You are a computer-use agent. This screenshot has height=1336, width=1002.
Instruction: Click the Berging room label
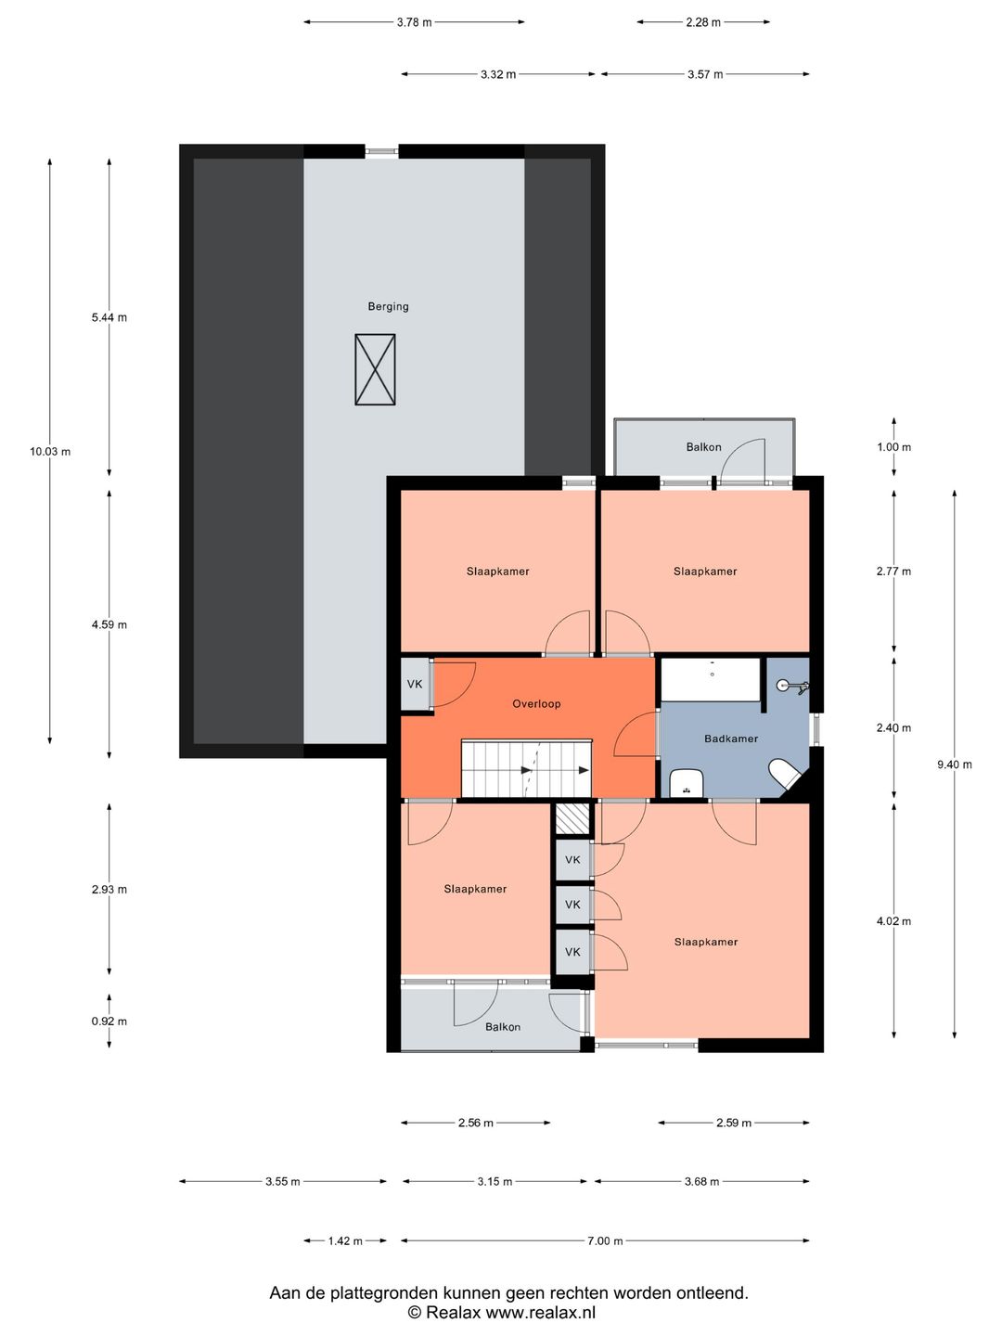tap(388, 306)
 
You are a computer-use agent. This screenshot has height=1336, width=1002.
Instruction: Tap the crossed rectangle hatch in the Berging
tap(375, 369)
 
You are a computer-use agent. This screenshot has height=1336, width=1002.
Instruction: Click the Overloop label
tap(536, 703)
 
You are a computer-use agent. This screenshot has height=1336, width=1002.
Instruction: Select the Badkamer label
tap(731, 739)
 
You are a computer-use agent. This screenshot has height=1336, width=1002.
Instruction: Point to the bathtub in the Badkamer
tap(711, 680)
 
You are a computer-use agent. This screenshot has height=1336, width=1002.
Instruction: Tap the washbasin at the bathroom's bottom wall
tap(687, 783)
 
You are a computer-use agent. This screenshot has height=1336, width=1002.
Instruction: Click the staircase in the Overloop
tap(526, 768)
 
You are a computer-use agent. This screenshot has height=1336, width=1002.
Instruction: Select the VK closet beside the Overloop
tap(415, 685)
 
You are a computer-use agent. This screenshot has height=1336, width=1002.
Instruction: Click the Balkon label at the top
tap(703, 447)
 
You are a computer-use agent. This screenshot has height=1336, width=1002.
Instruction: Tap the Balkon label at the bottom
tap(503, 1027)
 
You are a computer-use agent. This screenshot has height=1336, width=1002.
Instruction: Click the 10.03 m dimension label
tap(50, 452)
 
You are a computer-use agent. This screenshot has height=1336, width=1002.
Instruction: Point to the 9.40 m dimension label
tap(955, 764)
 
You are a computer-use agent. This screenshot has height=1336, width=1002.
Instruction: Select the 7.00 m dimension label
tap(605, 1240)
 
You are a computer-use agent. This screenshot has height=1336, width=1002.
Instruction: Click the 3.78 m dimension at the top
tap(414, 22)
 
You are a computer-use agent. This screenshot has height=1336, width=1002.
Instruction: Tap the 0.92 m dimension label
tap(109, 1021)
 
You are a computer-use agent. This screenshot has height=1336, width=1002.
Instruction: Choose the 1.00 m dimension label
tap(893, 447)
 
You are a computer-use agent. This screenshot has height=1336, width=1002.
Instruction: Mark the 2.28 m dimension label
tap(703, 22)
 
